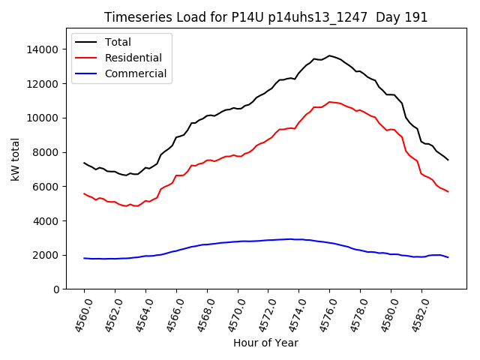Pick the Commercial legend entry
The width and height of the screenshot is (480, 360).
[136, 73]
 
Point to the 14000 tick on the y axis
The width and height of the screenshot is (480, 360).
[44, 49]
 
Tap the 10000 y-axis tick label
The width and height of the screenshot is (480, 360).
[44, 118]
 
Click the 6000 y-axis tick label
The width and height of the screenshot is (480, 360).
[47, 187]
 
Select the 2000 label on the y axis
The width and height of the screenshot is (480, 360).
[47, 255]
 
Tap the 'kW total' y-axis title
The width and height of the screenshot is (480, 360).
[14, 158]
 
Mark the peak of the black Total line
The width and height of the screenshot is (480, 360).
[329, 55]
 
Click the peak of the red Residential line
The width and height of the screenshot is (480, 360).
[329, 102]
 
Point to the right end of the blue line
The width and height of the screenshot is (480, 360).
[448, 257]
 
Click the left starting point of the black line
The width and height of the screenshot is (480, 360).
[84, 163]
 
